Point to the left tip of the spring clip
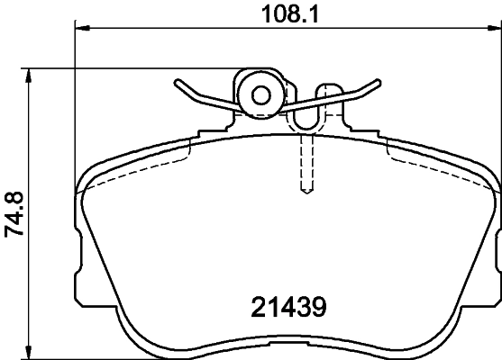click(177, 83)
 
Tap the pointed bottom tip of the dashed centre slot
click(306, 192)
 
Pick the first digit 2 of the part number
click(253, 307)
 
